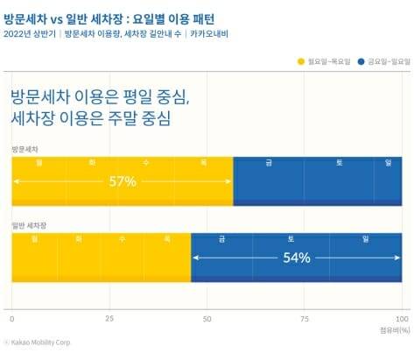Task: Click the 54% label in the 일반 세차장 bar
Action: [297, 258]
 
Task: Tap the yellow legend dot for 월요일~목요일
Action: [302, 61]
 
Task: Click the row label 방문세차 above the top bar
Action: [25, 150]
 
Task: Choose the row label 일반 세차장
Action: [28, 226]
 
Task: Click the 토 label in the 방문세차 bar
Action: [338, 162]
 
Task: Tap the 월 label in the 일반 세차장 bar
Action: [33, 238]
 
